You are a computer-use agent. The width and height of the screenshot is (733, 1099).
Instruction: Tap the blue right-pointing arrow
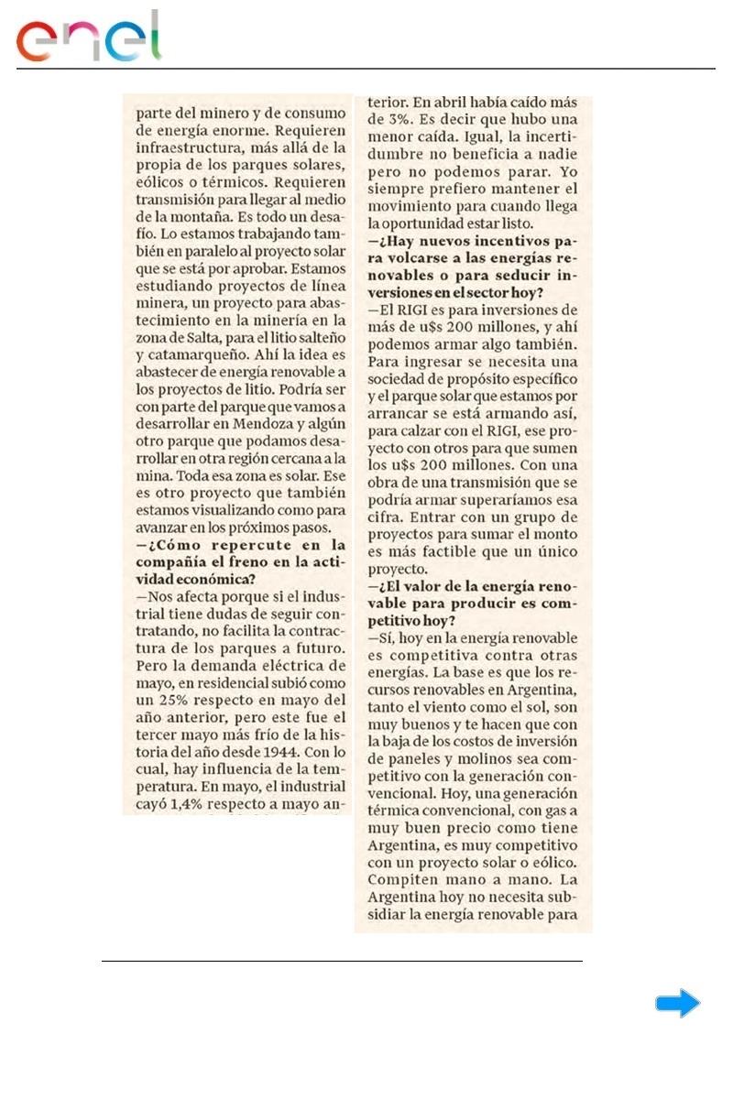click(677, 1004)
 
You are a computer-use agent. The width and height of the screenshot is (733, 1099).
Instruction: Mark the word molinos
click(467, 758)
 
